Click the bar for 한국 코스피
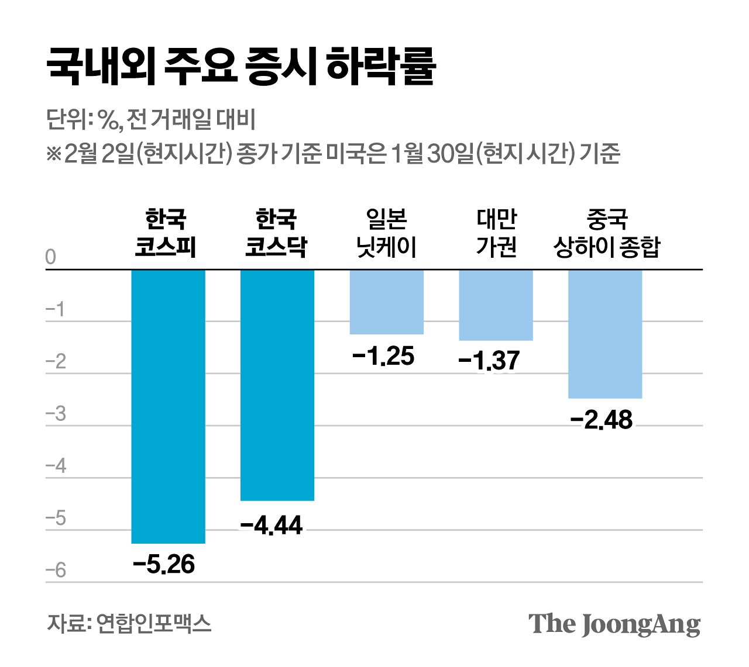pyautogui.click(x=168, y=406)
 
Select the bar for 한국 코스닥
pyautogui.click(x=277, y=385)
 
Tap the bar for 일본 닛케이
pyautogui.click(x=386, y=302)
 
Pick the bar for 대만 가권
pyautogui.click(x=496, y=305)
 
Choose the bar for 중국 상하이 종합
pyautogui.click(x=605, y=334)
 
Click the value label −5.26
pyautogui.click(x=164, y=565)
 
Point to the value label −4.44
pyautogui.click(x=272, y=526)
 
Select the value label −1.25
pyautogui.click(x=384, y=356)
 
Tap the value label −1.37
pyautogui.click(x=489, y=361)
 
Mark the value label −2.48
pyautogui.click(x=602, y=420)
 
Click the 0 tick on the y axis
pyautogui.click(x=51, y=257)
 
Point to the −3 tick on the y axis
pyautogui.click(x=56, y=414)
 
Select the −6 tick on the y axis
pyautogui.click(x=56, y=571)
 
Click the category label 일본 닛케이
pyautogui.click(x=386, y=233)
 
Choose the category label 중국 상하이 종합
pyautogui.click(x=606, y=233)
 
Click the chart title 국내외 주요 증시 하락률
pyautogui.click(x=241, y=67)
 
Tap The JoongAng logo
pyautogui.click(x=614, y=624)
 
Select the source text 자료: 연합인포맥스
pyautogui.click(x=129, y=623)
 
